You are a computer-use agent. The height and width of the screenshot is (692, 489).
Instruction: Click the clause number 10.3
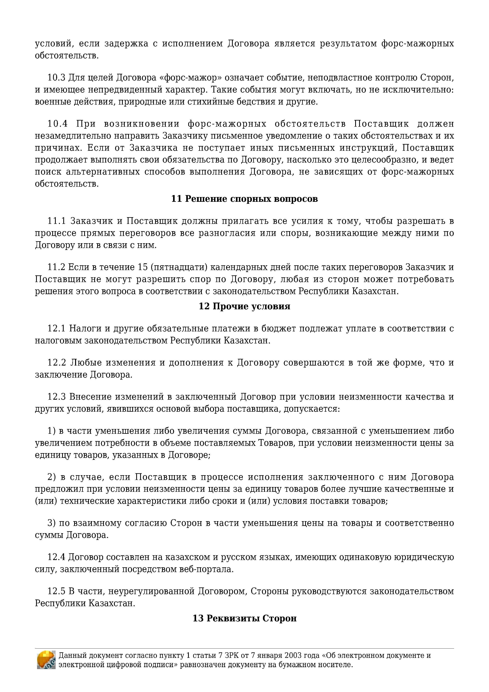click(x=56, y=78)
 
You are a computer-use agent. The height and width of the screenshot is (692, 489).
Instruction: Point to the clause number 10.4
click(x=57, y=124)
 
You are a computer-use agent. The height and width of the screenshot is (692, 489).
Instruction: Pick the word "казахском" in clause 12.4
click(x=188, y=557)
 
